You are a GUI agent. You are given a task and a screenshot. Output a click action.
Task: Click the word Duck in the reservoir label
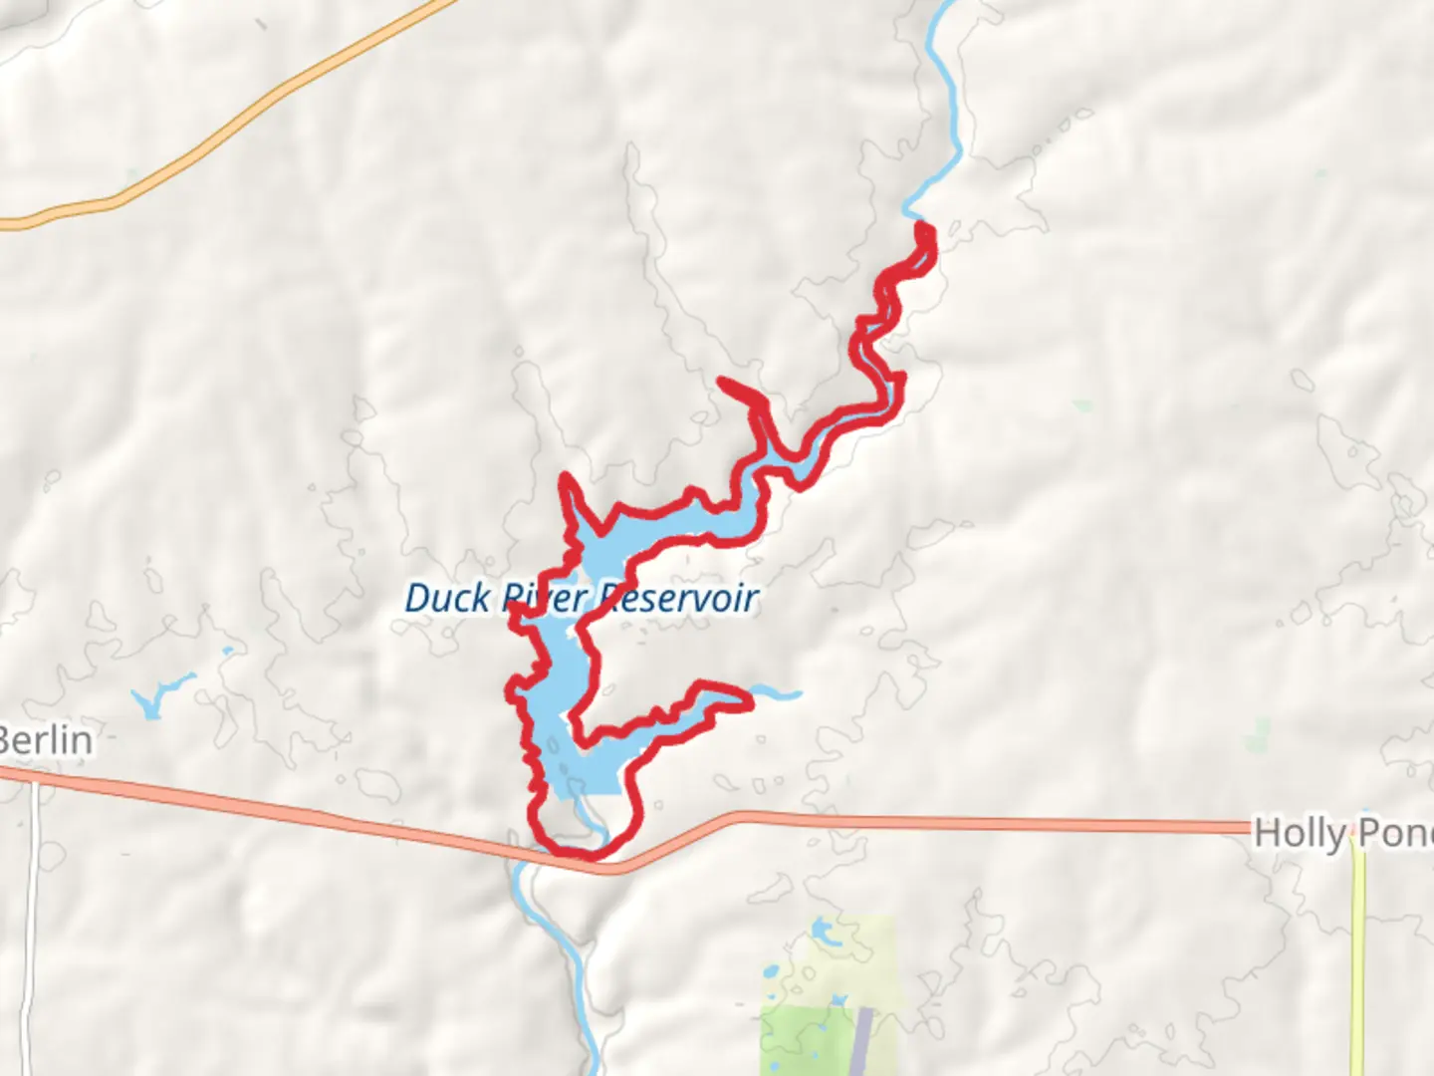[447, 598]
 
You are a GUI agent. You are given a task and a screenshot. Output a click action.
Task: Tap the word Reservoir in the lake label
[677, 598]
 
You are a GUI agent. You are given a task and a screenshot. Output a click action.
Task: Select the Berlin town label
[46, 740]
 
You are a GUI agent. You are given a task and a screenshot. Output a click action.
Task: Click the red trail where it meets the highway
[578, 854]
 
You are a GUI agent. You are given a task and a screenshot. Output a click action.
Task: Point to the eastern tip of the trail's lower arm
[747, 701]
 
